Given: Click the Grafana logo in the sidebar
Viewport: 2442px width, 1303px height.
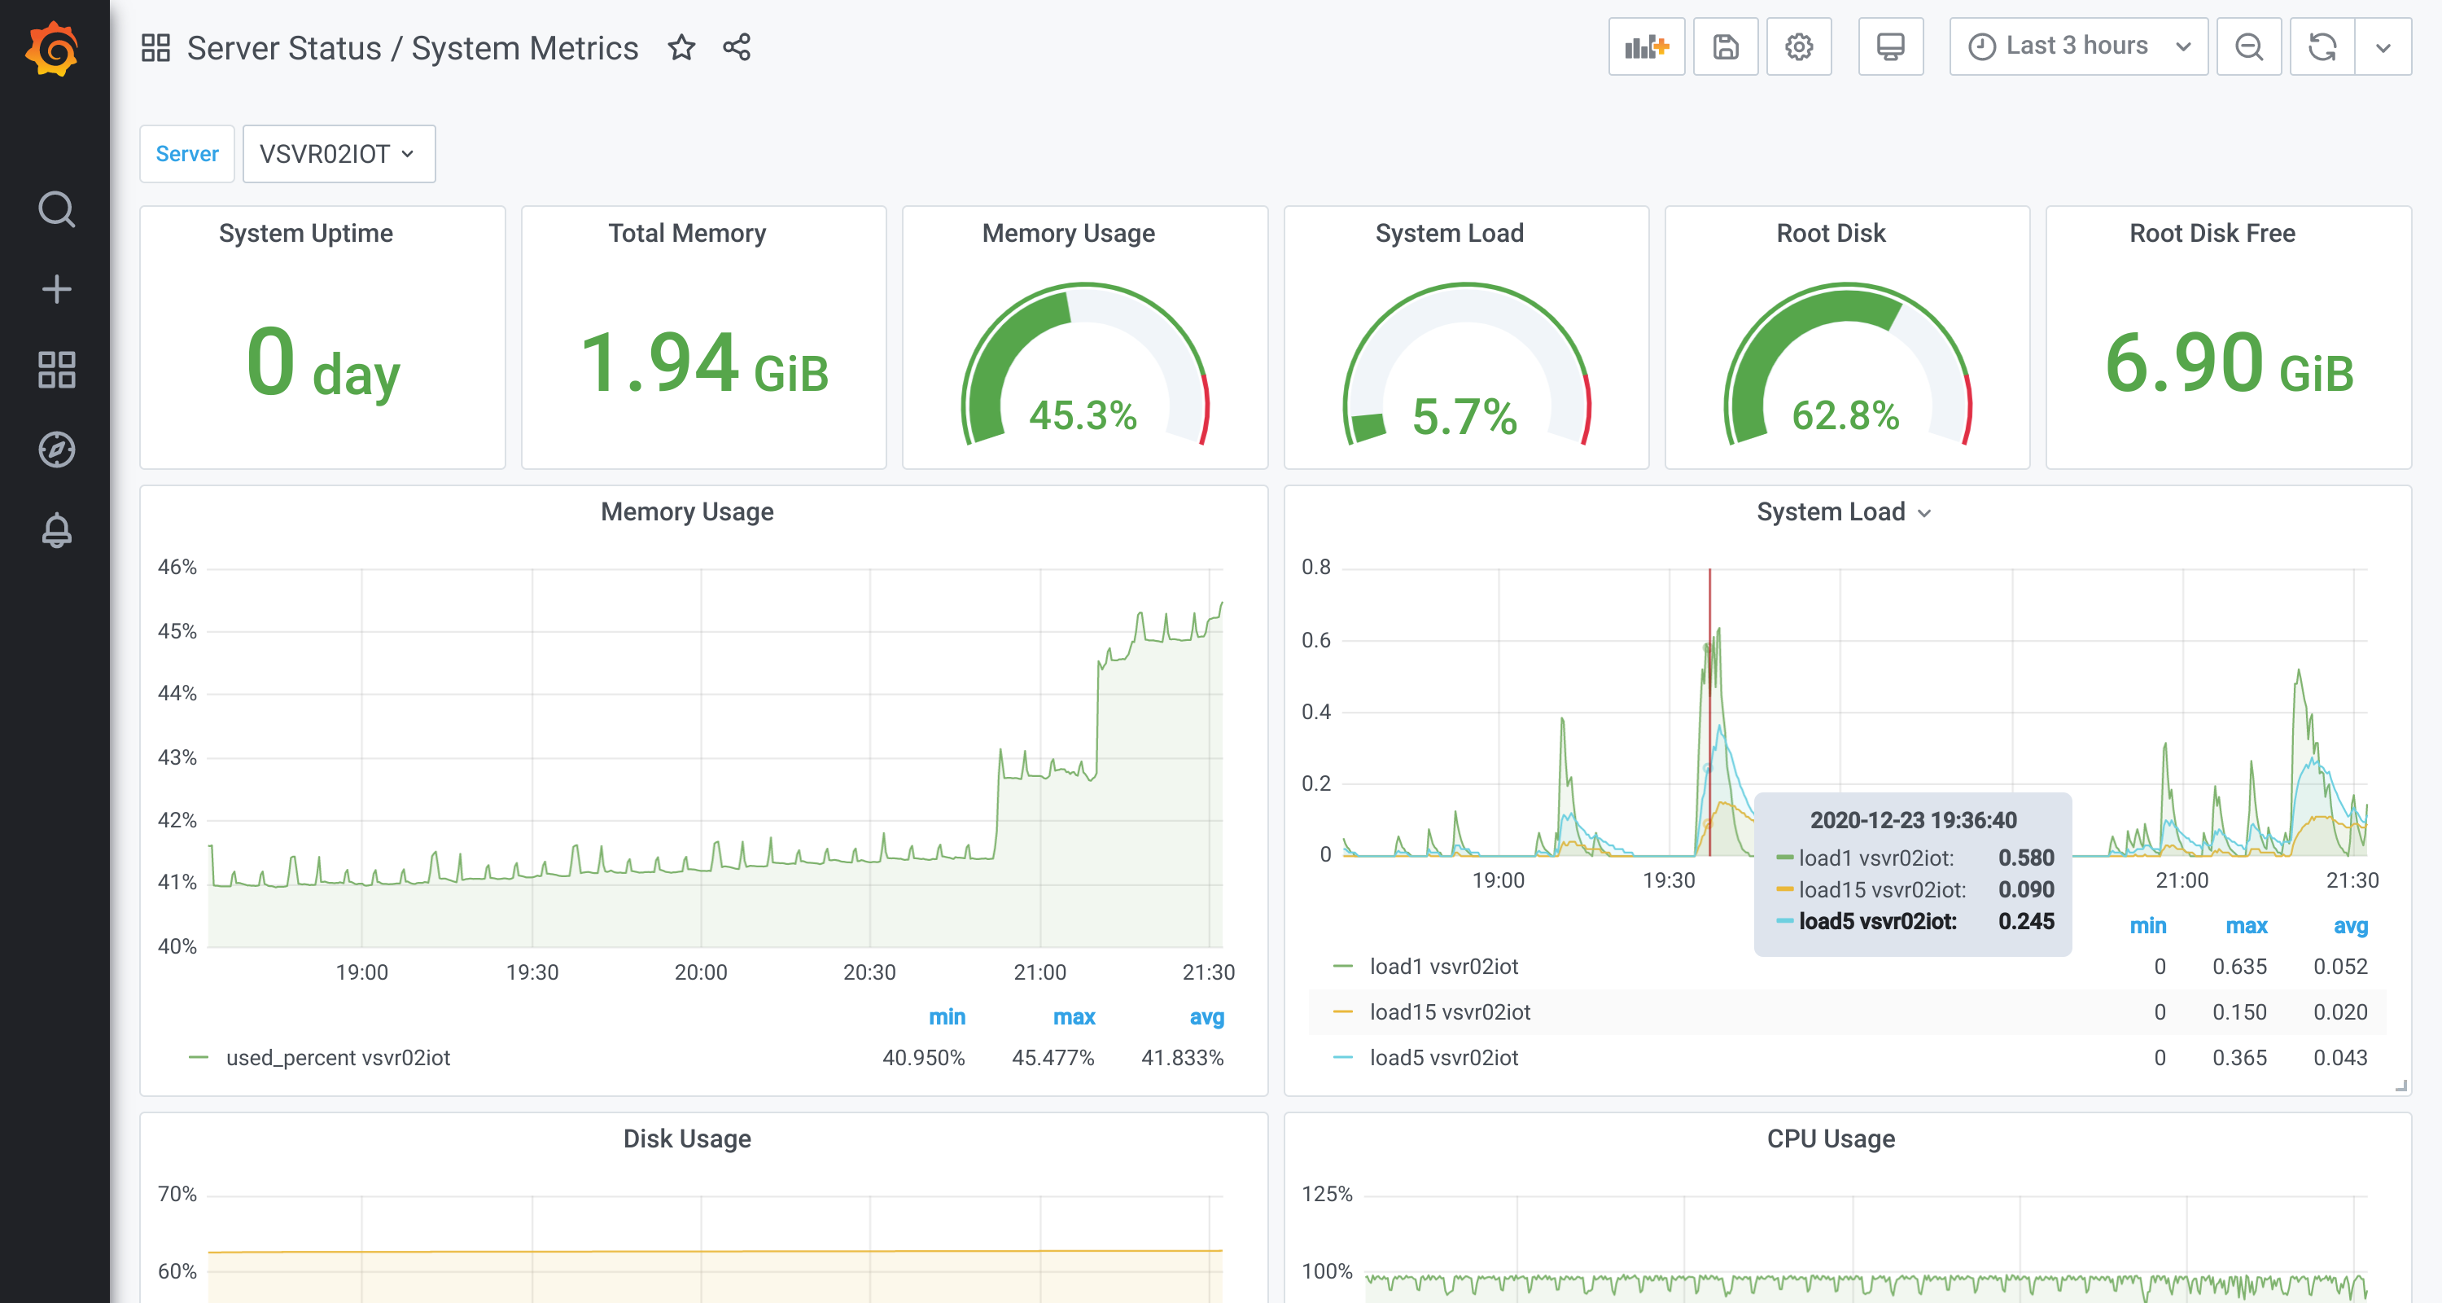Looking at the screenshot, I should click(x=53, y=50).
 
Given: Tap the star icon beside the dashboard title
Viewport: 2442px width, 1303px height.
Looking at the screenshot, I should click(x=681, y=47).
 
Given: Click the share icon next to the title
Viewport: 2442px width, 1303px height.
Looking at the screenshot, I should click(x=737, y=47).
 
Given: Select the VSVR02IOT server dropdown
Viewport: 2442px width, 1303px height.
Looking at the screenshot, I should click(x=339, y=154).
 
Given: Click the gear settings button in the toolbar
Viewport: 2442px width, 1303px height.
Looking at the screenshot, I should click(x=1798, y=46).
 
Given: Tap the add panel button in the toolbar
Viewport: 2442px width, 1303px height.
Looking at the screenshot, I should click(x=1646, y=46).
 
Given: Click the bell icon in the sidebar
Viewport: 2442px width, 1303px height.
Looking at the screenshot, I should click(x=56, y=531).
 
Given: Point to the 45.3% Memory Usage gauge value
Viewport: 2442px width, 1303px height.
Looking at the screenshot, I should click(x=1083, y=415).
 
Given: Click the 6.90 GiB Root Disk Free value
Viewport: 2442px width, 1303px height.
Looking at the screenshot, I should click(x=2228, y=365).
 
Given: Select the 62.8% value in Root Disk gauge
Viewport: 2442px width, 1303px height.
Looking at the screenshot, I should click(x=1845, y=415).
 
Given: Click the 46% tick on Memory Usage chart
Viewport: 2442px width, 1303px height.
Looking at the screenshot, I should click(x=177, y=567).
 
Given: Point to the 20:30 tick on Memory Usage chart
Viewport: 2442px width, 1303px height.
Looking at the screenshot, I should click(x=869, y=972).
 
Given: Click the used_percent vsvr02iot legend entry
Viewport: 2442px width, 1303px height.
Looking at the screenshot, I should click(x=338, y=1057).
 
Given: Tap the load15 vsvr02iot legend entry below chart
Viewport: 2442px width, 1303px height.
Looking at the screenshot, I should click(x=1450, y=1012).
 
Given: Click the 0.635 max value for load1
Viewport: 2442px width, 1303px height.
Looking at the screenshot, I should click(x=2239, y=967).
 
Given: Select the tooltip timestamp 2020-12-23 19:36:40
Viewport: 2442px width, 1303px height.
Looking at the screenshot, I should click(x=1913, y=820).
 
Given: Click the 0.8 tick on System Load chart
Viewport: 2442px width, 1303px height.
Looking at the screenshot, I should click(x=1315, y=567).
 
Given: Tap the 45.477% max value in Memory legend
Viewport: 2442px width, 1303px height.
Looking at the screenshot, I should click(x=1053, y=1057).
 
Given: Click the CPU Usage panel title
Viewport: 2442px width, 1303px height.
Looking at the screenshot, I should click(x=1831, y=1139).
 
